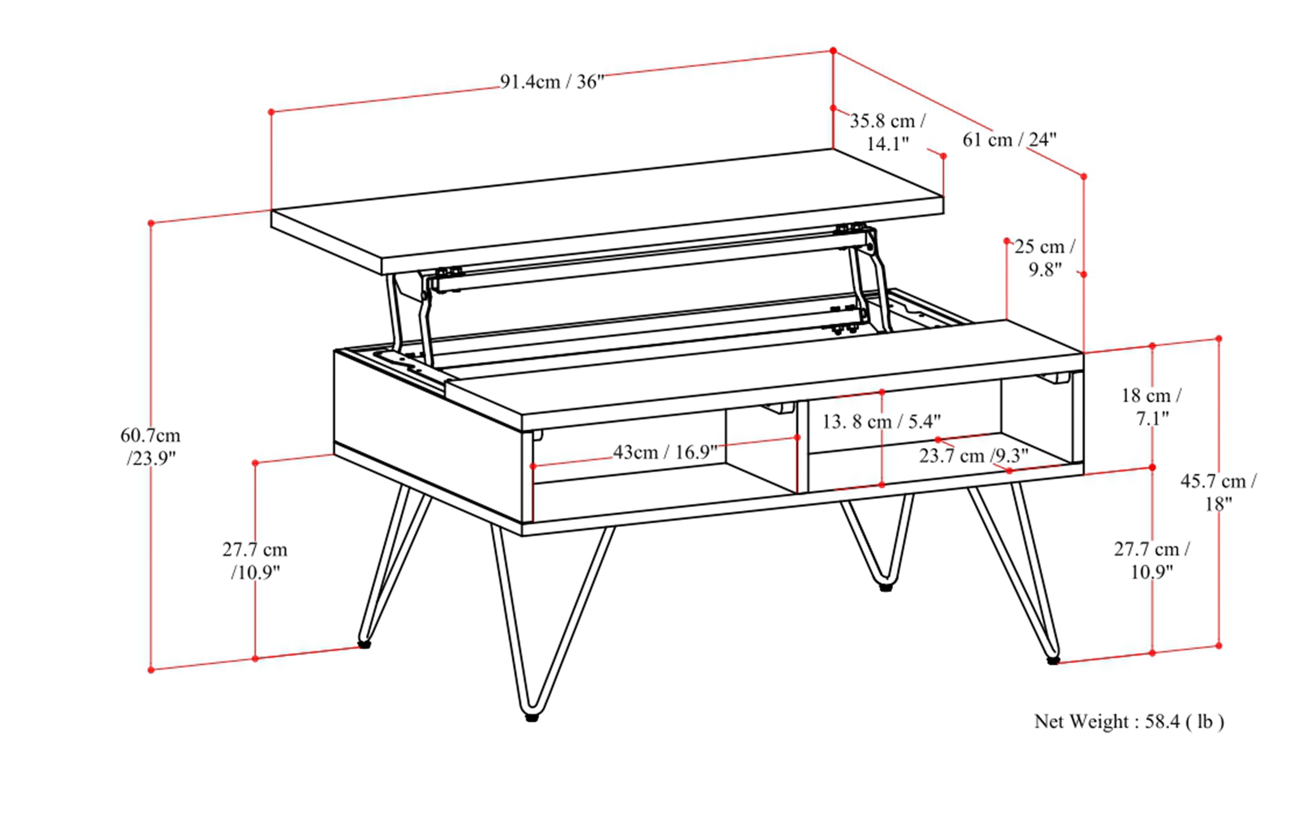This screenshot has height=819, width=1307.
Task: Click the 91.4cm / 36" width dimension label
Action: [551, 82]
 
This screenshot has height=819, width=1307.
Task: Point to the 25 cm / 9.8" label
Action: [1044, 258]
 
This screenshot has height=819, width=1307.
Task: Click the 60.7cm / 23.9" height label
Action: [151, 446]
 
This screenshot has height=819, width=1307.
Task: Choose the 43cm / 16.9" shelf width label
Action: [665, 452]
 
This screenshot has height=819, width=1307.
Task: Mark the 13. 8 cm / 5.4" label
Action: [881, 421]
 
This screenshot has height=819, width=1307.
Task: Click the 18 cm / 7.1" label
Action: [1151, 406]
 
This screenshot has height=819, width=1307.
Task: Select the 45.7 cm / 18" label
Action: [1218, 492]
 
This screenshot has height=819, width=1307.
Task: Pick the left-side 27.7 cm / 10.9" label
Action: [255, 561]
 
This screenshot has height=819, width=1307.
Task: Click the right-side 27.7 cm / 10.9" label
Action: [1151, 560]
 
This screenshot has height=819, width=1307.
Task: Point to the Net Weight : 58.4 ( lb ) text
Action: [1129, 722]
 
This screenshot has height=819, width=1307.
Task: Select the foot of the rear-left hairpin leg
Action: [365, 645]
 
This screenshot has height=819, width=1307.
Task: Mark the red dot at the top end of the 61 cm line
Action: [833, 50]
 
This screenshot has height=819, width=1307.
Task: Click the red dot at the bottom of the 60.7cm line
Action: [151, 670]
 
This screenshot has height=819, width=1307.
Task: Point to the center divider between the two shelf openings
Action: [802, 447]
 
